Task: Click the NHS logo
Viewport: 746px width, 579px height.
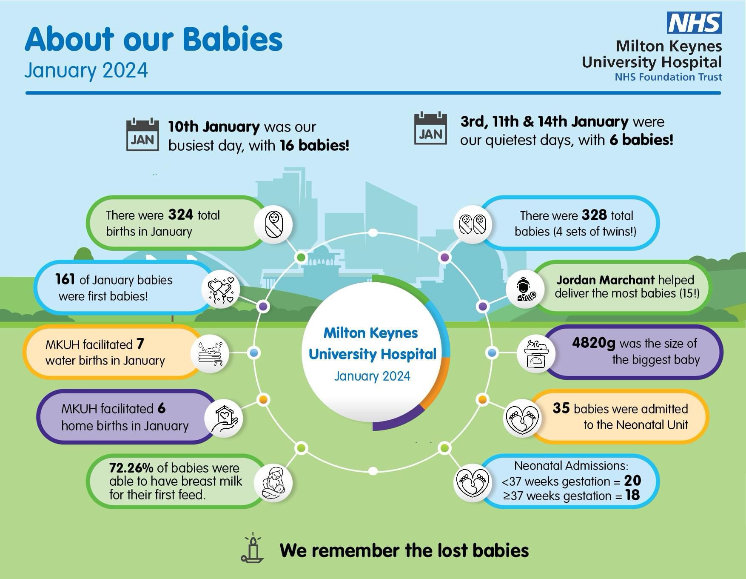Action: point(694,23)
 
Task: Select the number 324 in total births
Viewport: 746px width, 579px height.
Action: point(181,215)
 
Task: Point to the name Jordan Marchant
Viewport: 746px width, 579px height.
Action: point(605,280)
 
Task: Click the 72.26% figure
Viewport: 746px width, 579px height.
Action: point(131,467)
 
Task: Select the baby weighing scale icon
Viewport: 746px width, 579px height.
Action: point(536,353)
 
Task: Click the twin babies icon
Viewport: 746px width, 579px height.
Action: point(473,224)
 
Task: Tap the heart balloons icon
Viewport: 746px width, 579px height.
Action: point(221,289)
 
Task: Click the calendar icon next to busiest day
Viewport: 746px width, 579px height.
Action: point(142,135)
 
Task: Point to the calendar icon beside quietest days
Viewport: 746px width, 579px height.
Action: point(430,129)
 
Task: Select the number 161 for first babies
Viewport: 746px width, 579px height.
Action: point(65,279)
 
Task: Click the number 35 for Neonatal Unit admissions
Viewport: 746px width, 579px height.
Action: point(561,408)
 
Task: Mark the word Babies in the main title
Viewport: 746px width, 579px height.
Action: point(233,39)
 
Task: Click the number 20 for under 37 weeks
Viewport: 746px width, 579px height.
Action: point(632,481)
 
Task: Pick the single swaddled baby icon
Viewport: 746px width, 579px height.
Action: point(273,224)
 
